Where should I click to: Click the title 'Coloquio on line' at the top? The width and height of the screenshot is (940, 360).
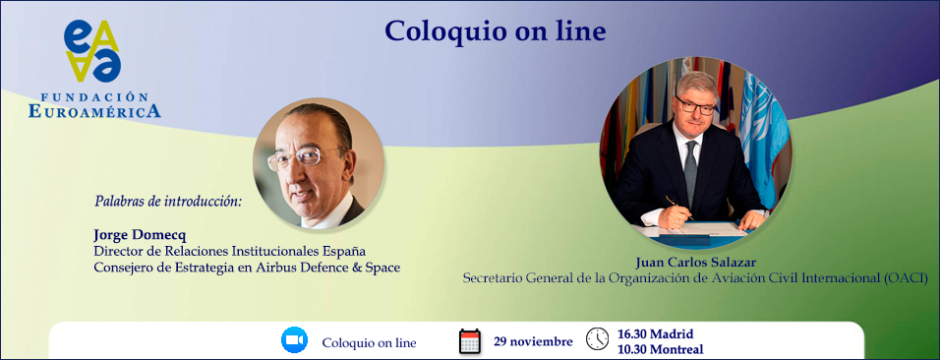(x=496, y=31)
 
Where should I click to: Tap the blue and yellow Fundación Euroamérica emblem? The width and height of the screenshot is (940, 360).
(x=93, y=51)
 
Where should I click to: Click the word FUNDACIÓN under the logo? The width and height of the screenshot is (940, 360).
(x=94, y=96)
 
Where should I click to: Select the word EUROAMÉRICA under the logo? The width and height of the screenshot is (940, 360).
(x=94, y=111)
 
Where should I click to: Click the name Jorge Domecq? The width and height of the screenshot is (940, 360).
(x=140, y=234)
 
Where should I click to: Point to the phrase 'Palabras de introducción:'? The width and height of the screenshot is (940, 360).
(x=168, y=201)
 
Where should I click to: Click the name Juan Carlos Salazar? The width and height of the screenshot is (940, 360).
(x=695, y=263)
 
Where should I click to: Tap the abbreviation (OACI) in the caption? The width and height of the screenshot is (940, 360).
(x=904, y=277)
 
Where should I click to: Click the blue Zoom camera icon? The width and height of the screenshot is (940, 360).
(x=294, y=339)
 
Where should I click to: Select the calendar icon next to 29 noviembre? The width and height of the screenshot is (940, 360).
(x=469, y=340)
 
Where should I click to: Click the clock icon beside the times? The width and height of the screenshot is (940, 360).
(x=597, y=339)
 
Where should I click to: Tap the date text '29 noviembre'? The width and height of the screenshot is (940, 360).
(x=533, y=341)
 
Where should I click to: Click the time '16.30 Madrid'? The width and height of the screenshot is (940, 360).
(x=655, y=333)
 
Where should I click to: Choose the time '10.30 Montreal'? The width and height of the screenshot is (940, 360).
(x=660, y=348)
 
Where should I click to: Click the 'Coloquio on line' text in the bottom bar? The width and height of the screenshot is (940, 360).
(x=370, y=343)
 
